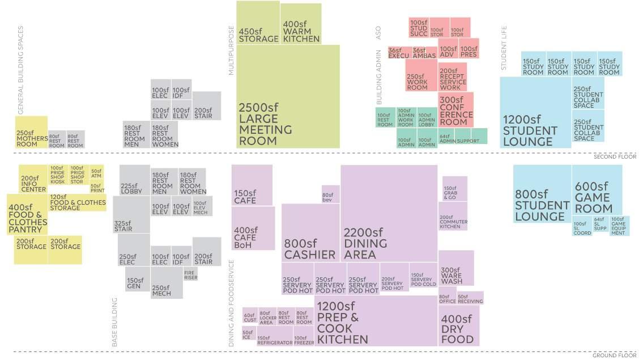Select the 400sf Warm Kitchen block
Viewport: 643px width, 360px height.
click(301, 23)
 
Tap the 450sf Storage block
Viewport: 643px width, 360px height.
click(258, 23)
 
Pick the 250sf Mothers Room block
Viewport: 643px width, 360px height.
click(31, 132)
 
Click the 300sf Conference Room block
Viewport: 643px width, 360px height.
click(455, 111)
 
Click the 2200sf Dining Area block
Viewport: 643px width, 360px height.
click(389, 213)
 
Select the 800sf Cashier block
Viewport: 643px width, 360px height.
click(310, 232)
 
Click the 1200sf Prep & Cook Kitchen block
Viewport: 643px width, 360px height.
click(376, 320)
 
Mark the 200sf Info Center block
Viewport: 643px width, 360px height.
click(33, 179)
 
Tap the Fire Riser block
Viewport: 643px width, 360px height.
click(191, 275)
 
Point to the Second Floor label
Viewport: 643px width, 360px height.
click(615, 156)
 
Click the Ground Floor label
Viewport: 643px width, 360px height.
click(615, 355)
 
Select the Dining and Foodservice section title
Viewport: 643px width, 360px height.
click(231, 303)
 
